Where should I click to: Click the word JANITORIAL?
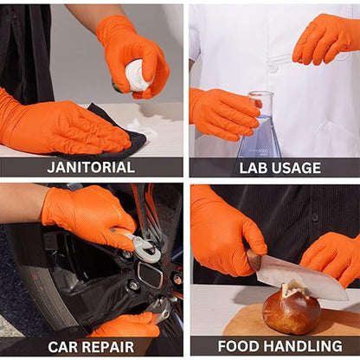(90, 167)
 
